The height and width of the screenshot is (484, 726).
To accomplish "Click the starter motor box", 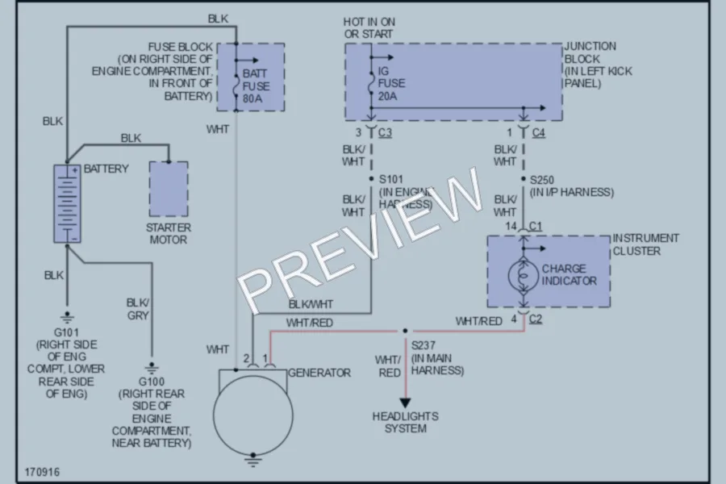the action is (x=169, y=189).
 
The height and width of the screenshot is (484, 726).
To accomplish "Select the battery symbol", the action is (x=67, y=203).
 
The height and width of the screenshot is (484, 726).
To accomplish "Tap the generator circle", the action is (x=252, y=415).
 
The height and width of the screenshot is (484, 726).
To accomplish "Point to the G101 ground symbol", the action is (x=67, y=318).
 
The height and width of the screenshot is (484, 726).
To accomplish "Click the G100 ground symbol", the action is (x=152, y=368).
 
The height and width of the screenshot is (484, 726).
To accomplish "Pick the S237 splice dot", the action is (x=405, y=331).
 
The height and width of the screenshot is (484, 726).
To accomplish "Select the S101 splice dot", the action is (x=371, y=179).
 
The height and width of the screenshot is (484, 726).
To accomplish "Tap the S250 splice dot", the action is (x=524, y=179).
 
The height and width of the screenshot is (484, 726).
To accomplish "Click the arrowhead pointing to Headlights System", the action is (x=405, y=403).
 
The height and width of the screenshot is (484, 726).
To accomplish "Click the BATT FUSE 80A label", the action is (x=256, y=86).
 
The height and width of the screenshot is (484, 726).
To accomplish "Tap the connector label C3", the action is (x=386, y=133).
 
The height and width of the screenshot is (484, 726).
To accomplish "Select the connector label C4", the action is (x=539, y=133).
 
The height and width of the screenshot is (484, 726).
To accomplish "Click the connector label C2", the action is (x=536, y=319).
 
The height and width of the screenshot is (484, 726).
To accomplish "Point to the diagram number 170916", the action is (x=42, y=472).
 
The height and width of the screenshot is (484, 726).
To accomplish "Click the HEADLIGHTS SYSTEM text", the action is (x=406, y=423).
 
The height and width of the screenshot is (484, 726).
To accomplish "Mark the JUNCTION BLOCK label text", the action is (x=590, y=52).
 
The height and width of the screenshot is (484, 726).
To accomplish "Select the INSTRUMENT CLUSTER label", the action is (x=646, y=244).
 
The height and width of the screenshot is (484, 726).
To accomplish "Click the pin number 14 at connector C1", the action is (x=511, y=226).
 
